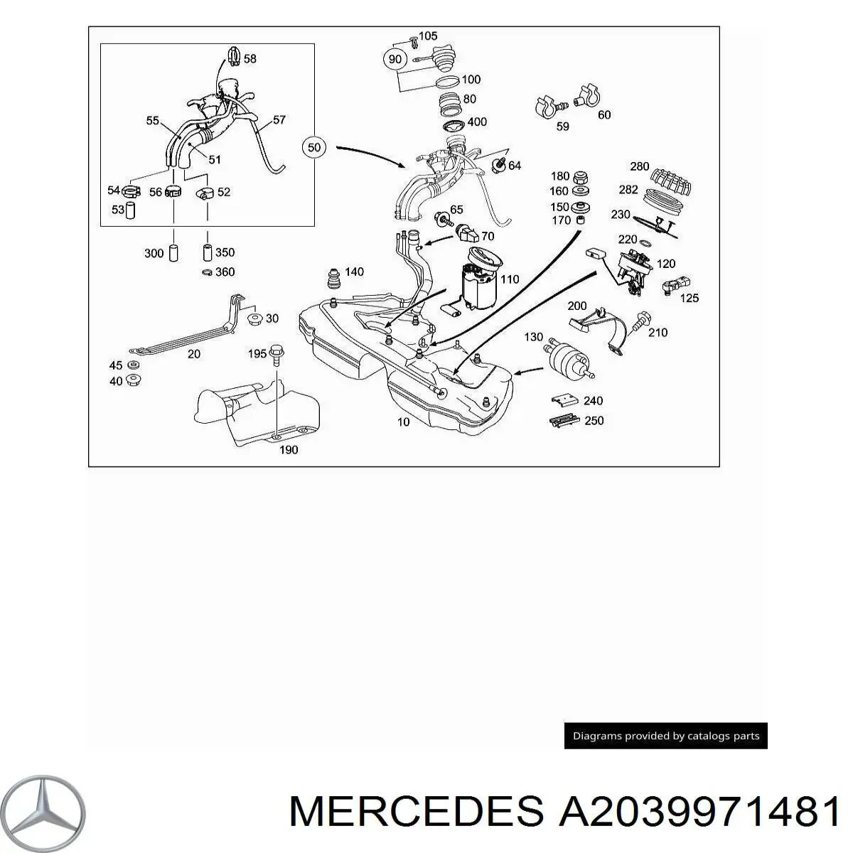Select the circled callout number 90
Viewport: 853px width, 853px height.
pyautogui.click(x=396, y=58)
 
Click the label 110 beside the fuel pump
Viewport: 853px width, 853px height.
pyautogui.click(x=509, y=279)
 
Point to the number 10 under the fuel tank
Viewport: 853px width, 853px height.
pyautogui.click(x=403, y=422)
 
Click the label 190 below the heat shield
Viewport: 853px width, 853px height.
pyautogui.click(x=288, y=449)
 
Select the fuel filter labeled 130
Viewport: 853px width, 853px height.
pyautogui.click(x=567, y=358)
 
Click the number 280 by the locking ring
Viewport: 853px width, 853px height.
pyautogui.click(x=639, y=166)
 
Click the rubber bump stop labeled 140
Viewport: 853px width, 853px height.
pyautogui.click(x=333, y=280)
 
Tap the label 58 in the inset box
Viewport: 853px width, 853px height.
pyautogui.click(x=250, y=59)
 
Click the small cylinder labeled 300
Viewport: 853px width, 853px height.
pyautogui.click(x=173, y=253)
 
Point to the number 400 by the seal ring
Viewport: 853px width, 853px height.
pyautogui.click(x=476, y=122)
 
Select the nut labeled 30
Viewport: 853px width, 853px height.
pyautogui.click(x=254, y=319)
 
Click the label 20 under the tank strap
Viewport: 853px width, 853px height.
pyautogui.click(x=193, y=353)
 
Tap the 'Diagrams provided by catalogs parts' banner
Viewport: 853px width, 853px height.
pyautogui.click(x=665, y=736)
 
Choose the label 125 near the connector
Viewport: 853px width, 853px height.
pyautogui.click(x=689, y=298)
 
